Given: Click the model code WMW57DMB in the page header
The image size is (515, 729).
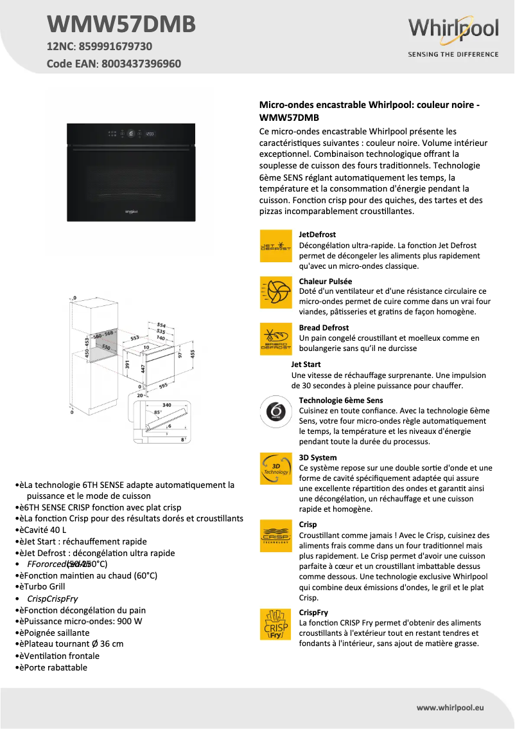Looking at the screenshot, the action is click(121, 24).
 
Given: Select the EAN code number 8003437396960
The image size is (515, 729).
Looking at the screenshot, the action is click(141, 64).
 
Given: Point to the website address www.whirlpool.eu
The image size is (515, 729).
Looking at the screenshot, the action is click(450, 708).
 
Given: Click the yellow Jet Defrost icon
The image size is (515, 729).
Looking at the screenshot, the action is click(275, 246).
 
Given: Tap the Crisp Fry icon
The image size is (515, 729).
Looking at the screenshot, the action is click(275, 624).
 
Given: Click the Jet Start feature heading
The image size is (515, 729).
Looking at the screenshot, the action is click(306, 364).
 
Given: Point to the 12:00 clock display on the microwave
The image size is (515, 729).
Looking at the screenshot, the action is click(151, 134).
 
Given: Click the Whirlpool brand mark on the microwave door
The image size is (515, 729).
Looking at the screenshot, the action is click(130, 210).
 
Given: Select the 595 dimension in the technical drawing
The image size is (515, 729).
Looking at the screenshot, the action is click(163, 385).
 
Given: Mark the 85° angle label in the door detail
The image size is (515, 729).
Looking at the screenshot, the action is click(157, 413).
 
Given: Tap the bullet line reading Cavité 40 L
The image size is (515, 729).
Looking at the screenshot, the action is click(45, 530).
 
